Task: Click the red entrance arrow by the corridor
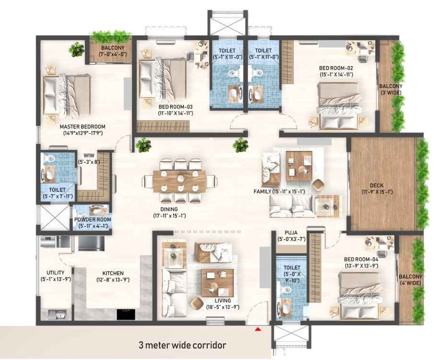[x=258, y=329]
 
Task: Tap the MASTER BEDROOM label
[x=82, y=127]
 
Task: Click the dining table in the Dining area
[x=180, y=181]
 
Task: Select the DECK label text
[x=377, y=185]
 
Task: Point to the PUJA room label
[x=291, y=233]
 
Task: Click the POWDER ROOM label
[x=93, y=219]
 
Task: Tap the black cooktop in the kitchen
[x=126, y=315]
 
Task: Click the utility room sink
[x=57, y=315]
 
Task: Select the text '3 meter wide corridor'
[x=183, y=345]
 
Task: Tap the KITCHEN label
[x=113, y=273]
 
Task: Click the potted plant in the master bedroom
[x=76, y=49]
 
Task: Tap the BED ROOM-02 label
[x=336, y=68]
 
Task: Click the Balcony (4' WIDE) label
[x=411, y=280]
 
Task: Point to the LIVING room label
[x=223, y=301]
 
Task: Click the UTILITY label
[x=56, y=273]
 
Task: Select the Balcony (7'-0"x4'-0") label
[x=113, y=51]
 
